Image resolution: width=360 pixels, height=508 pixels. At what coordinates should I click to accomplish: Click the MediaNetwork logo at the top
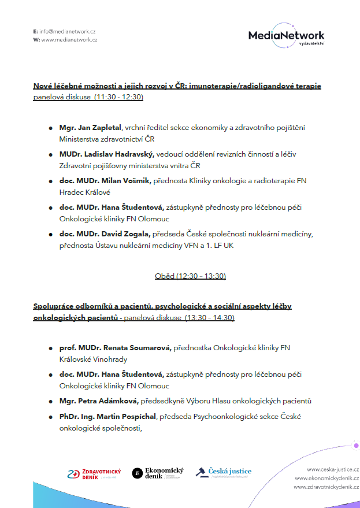(285, 36)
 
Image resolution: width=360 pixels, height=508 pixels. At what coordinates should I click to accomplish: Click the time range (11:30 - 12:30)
(118, 97)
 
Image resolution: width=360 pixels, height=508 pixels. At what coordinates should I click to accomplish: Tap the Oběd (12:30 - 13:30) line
(190, 276)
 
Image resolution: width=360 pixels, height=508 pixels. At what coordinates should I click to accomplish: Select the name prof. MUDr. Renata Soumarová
(115, 347)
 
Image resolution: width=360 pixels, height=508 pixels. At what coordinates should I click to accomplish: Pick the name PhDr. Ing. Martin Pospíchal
(108, 416)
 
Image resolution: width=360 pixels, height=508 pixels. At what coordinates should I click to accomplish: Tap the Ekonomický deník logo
(158, 473)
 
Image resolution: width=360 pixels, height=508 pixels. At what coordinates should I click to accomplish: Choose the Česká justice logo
(224, 472)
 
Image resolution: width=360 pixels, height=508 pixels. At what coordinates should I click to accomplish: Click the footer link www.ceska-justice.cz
(332, 469)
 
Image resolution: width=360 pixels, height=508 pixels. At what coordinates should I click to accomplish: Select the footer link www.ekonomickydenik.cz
(326, 478)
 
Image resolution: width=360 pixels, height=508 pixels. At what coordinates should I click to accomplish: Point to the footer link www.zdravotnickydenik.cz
(326, 487)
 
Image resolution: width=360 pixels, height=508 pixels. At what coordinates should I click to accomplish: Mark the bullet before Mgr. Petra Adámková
(51, 401)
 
